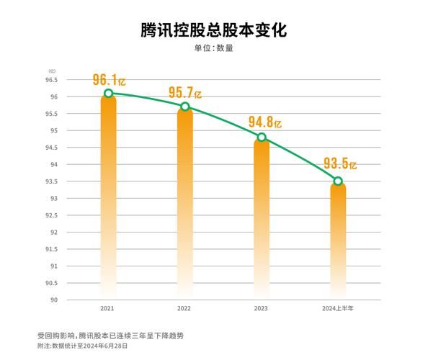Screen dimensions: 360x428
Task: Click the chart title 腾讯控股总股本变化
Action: (x=213, y=31)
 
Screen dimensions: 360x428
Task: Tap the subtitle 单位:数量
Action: (x=213, y=49)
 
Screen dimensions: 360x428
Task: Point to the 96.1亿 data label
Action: (x=109, y=80)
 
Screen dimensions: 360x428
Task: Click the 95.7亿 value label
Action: (x=185, y=93)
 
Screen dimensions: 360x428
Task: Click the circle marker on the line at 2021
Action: (x=108, y=94)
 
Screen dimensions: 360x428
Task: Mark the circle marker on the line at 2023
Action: (x=262, y=138)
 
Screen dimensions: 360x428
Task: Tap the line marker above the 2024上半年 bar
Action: (x=338, y=181)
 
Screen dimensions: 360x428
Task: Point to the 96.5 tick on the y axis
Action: (x=53, y=80)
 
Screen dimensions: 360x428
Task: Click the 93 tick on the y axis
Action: (x=55, y=198)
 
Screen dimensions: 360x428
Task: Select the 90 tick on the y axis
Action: (x=55, y=300)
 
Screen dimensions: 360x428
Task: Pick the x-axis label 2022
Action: (x=184, y=308)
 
